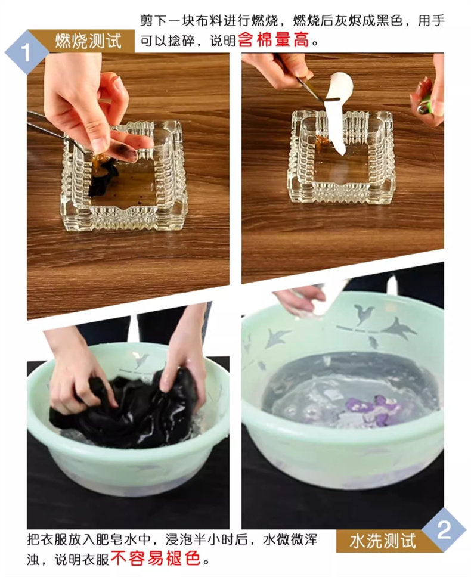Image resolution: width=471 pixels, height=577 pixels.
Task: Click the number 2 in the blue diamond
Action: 444,531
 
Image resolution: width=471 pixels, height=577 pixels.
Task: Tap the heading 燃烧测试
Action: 88,41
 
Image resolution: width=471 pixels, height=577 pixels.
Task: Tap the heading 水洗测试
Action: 383,541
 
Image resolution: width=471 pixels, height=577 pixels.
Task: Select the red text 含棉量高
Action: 274,40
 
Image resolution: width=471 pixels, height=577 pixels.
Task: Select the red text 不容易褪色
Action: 155,559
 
